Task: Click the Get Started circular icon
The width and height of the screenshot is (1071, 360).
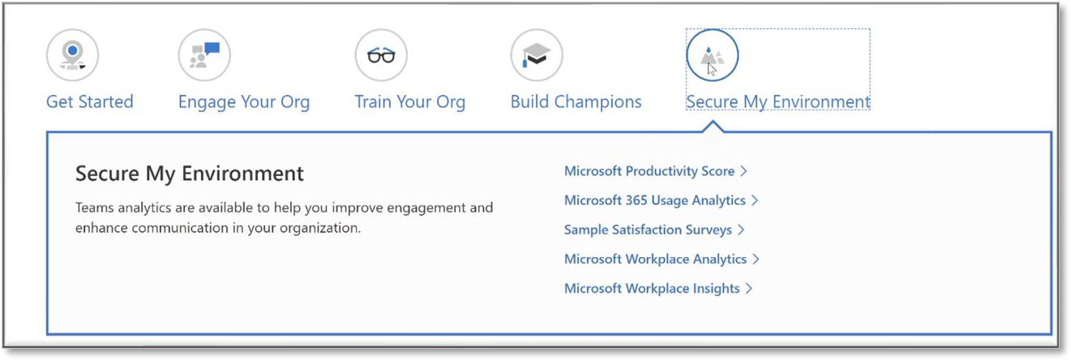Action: click(73, 55)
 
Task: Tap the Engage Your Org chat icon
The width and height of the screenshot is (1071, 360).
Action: click(204, 55)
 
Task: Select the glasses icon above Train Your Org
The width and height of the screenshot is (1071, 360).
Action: click(381, 55)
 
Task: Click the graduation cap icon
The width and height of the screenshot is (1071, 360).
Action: click(537, 55)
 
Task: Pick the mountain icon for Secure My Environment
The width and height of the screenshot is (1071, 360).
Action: click(713, 55)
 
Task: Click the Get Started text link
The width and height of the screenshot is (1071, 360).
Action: click(90, 102)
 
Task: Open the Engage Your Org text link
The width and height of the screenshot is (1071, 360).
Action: click(244, 102)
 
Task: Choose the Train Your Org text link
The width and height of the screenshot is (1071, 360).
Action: click(409, 102)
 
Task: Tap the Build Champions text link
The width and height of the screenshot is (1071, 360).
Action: click(576, 102)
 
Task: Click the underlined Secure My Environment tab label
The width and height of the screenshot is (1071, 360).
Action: click(778, 102)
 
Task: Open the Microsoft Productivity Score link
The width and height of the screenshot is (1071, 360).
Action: click(656, 171)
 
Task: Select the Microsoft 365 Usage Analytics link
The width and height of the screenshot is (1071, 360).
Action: click(662, 200)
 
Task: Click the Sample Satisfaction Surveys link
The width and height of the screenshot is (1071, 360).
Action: click(654, 230)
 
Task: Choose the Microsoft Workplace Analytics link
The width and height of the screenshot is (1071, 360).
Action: click(662, 259)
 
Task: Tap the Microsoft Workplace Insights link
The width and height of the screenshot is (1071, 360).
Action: click(658, 289)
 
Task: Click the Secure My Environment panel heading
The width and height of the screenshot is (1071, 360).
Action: click(190, 174)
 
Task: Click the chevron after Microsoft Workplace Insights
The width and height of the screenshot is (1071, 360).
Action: click(749, 289)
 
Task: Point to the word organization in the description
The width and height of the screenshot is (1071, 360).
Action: click(320, 229)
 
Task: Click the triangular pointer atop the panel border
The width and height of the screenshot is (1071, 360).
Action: click(713, 126)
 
